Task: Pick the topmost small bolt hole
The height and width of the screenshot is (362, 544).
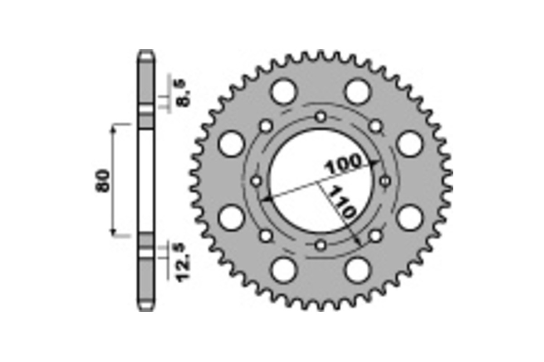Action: coord(321,117)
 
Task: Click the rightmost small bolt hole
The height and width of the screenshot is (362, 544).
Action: coord(386,181)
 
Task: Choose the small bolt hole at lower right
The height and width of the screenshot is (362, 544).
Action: coord(375,235)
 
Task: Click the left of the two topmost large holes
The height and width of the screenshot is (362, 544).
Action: coord(283,92)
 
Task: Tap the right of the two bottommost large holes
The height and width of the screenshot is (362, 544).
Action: coord(358,270)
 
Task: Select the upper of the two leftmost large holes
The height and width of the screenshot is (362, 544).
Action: coord(231,144)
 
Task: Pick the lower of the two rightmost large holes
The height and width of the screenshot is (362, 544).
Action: coord(409,218)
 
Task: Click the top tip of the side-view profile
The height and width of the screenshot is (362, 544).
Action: coord(146,51)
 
